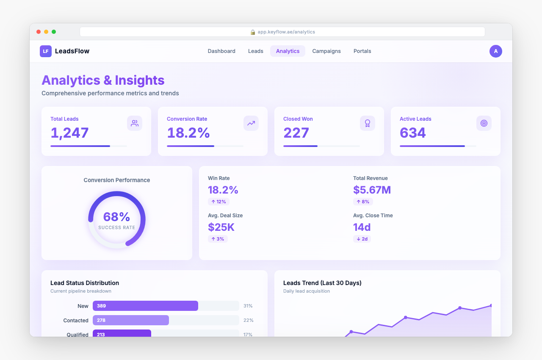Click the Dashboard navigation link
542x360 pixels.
(221, 51)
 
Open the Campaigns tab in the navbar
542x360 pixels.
(326, 51)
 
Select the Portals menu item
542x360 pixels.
(362, 51)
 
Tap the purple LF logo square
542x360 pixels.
(46, 51)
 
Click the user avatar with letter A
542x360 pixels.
(495, 51)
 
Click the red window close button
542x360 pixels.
(39, 32)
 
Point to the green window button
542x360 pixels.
(54, 32)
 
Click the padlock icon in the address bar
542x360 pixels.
(253, 32)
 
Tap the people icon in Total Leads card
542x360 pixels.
(135, 123)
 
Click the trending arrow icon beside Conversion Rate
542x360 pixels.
(251, 123)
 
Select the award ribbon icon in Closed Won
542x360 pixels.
(368, 123)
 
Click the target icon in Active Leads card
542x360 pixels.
(484, 123)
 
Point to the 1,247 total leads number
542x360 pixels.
(69, 133)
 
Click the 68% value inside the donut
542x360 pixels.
(116, 217)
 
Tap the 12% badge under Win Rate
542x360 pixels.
(218, 202)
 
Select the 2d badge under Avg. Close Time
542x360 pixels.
(362, 239)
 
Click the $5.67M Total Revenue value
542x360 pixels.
(372, 190)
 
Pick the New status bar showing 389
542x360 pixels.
(145, 306)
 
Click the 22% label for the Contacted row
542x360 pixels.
(249, 320)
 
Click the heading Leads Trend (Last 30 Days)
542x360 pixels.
(322, 283)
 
